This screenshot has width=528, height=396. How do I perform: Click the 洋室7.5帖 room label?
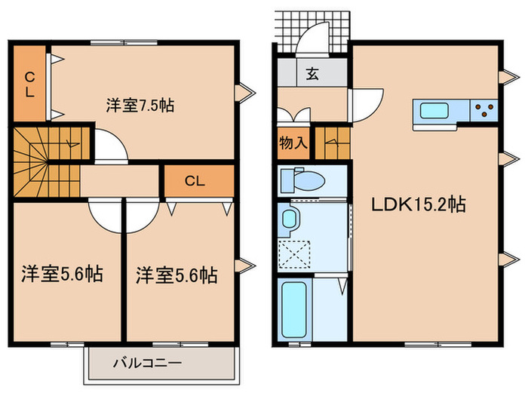click(140, 106)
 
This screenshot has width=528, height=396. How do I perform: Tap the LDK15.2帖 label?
click(416, 204)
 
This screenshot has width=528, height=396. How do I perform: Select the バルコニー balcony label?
click(147, 363)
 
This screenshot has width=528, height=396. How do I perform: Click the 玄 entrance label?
click(312, 74)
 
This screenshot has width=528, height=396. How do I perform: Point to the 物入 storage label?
click(293, 143)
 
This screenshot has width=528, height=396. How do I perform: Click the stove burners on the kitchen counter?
click(483, 111)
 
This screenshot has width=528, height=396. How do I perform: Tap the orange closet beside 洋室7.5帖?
click(29, 83)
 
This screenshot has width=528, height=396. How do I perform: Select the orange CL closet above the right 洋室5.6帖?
click(194, 181)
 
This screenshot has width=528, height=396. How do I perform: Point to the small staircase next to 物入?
click(332, 143)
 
